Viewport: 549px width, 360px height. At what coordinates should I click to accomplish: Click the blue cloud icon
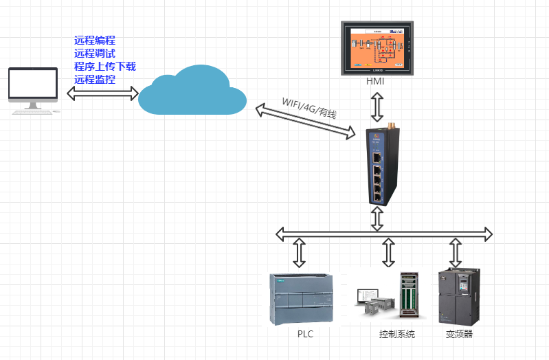[192, 91]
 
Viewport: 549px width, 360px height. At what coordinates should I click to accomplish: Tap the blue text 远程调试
[95, 53]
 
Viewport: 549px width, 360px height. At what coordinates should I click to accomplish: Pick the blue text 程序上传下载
[105, 66]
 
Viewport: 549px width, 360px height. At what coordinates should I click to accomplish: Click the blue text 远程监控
[95, 79]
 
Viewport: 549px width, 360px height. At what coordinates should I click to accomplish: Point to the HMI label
[375, 82]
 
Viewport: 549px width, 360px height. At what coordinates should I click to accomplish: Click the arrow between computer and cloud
[103, 93]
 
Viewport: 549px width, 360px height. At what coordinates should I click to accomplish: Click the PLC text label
[305, 335]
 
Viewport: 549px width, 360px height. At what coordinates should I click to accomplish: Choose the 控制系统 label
[397, 335]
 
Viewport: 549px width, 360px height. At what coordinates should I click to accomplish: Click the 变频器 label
[459, 335]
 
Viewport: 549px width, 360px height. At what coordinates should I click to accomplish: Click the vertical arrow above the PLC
[299, 253]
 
